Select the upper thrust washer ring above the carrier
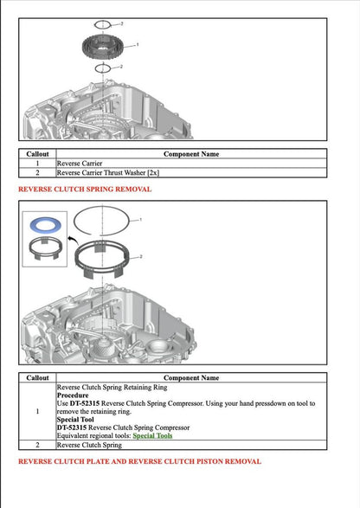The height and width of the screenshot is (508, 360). [102, 24]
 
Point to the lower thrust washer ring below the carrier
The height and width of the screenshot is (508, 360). [102, 67]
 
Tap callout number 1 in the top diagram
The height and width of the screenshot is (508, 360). [137, 44]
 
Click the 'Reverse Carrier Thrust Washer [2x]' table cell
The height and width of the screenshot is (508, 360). [108, 172]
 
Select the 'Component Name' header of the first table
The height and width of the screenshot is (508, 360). [191, 153]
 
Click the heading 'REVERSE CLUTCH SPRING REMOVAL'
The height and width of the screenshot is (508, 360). [85, 189]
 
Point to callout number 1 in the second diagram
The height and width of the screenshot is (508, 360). [141, 221]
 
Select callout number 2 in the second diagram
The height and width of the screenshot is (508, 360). [141, 257]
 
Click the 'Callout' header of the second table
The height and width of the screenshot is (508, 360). [37, 377]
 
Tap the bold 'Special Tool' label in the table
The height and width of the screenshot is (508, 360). [76, 419]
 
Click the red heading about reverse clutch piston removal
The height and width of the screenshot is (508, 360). [139, 461]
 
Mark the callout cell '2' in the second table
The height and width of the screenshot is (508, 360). [37, 445]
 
